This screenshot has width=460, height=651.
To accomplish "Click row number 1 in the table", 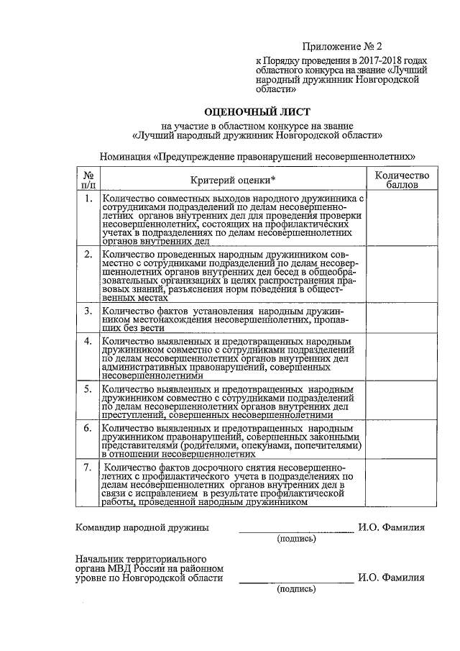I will click(86, 199).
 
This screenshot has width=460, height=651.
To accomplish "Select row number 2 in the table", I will click(86, 255).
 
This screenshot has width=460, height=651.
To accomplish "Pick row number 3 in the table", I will click(86, 311).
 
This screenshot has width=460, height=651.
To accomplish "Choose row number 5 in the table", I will click(86, 389).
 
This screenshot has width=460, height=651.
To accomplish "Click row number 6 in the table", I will click(86, 428).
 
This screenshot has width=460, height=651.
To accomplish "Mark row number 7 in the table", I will click(86, 468).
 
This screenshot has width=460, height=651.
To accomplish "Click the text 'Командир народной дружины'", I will click(143, 527).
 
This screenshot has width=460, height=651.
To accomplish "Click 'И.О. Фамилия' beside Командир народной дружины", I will click(391, 527).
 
